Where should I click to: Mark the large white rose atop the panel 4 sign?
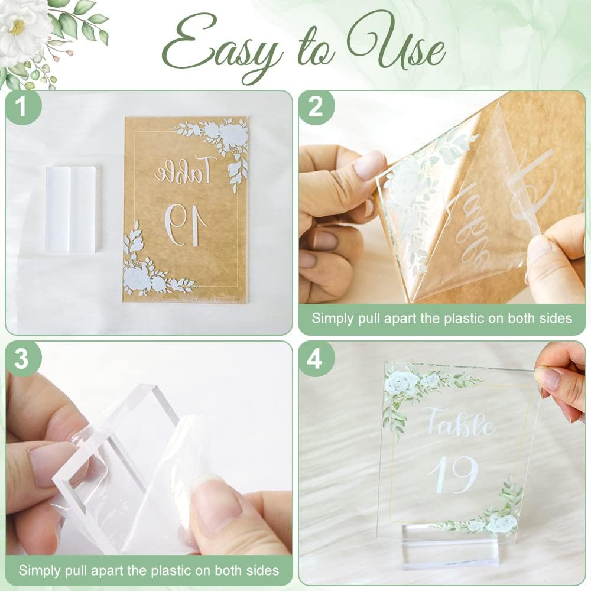402,382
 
